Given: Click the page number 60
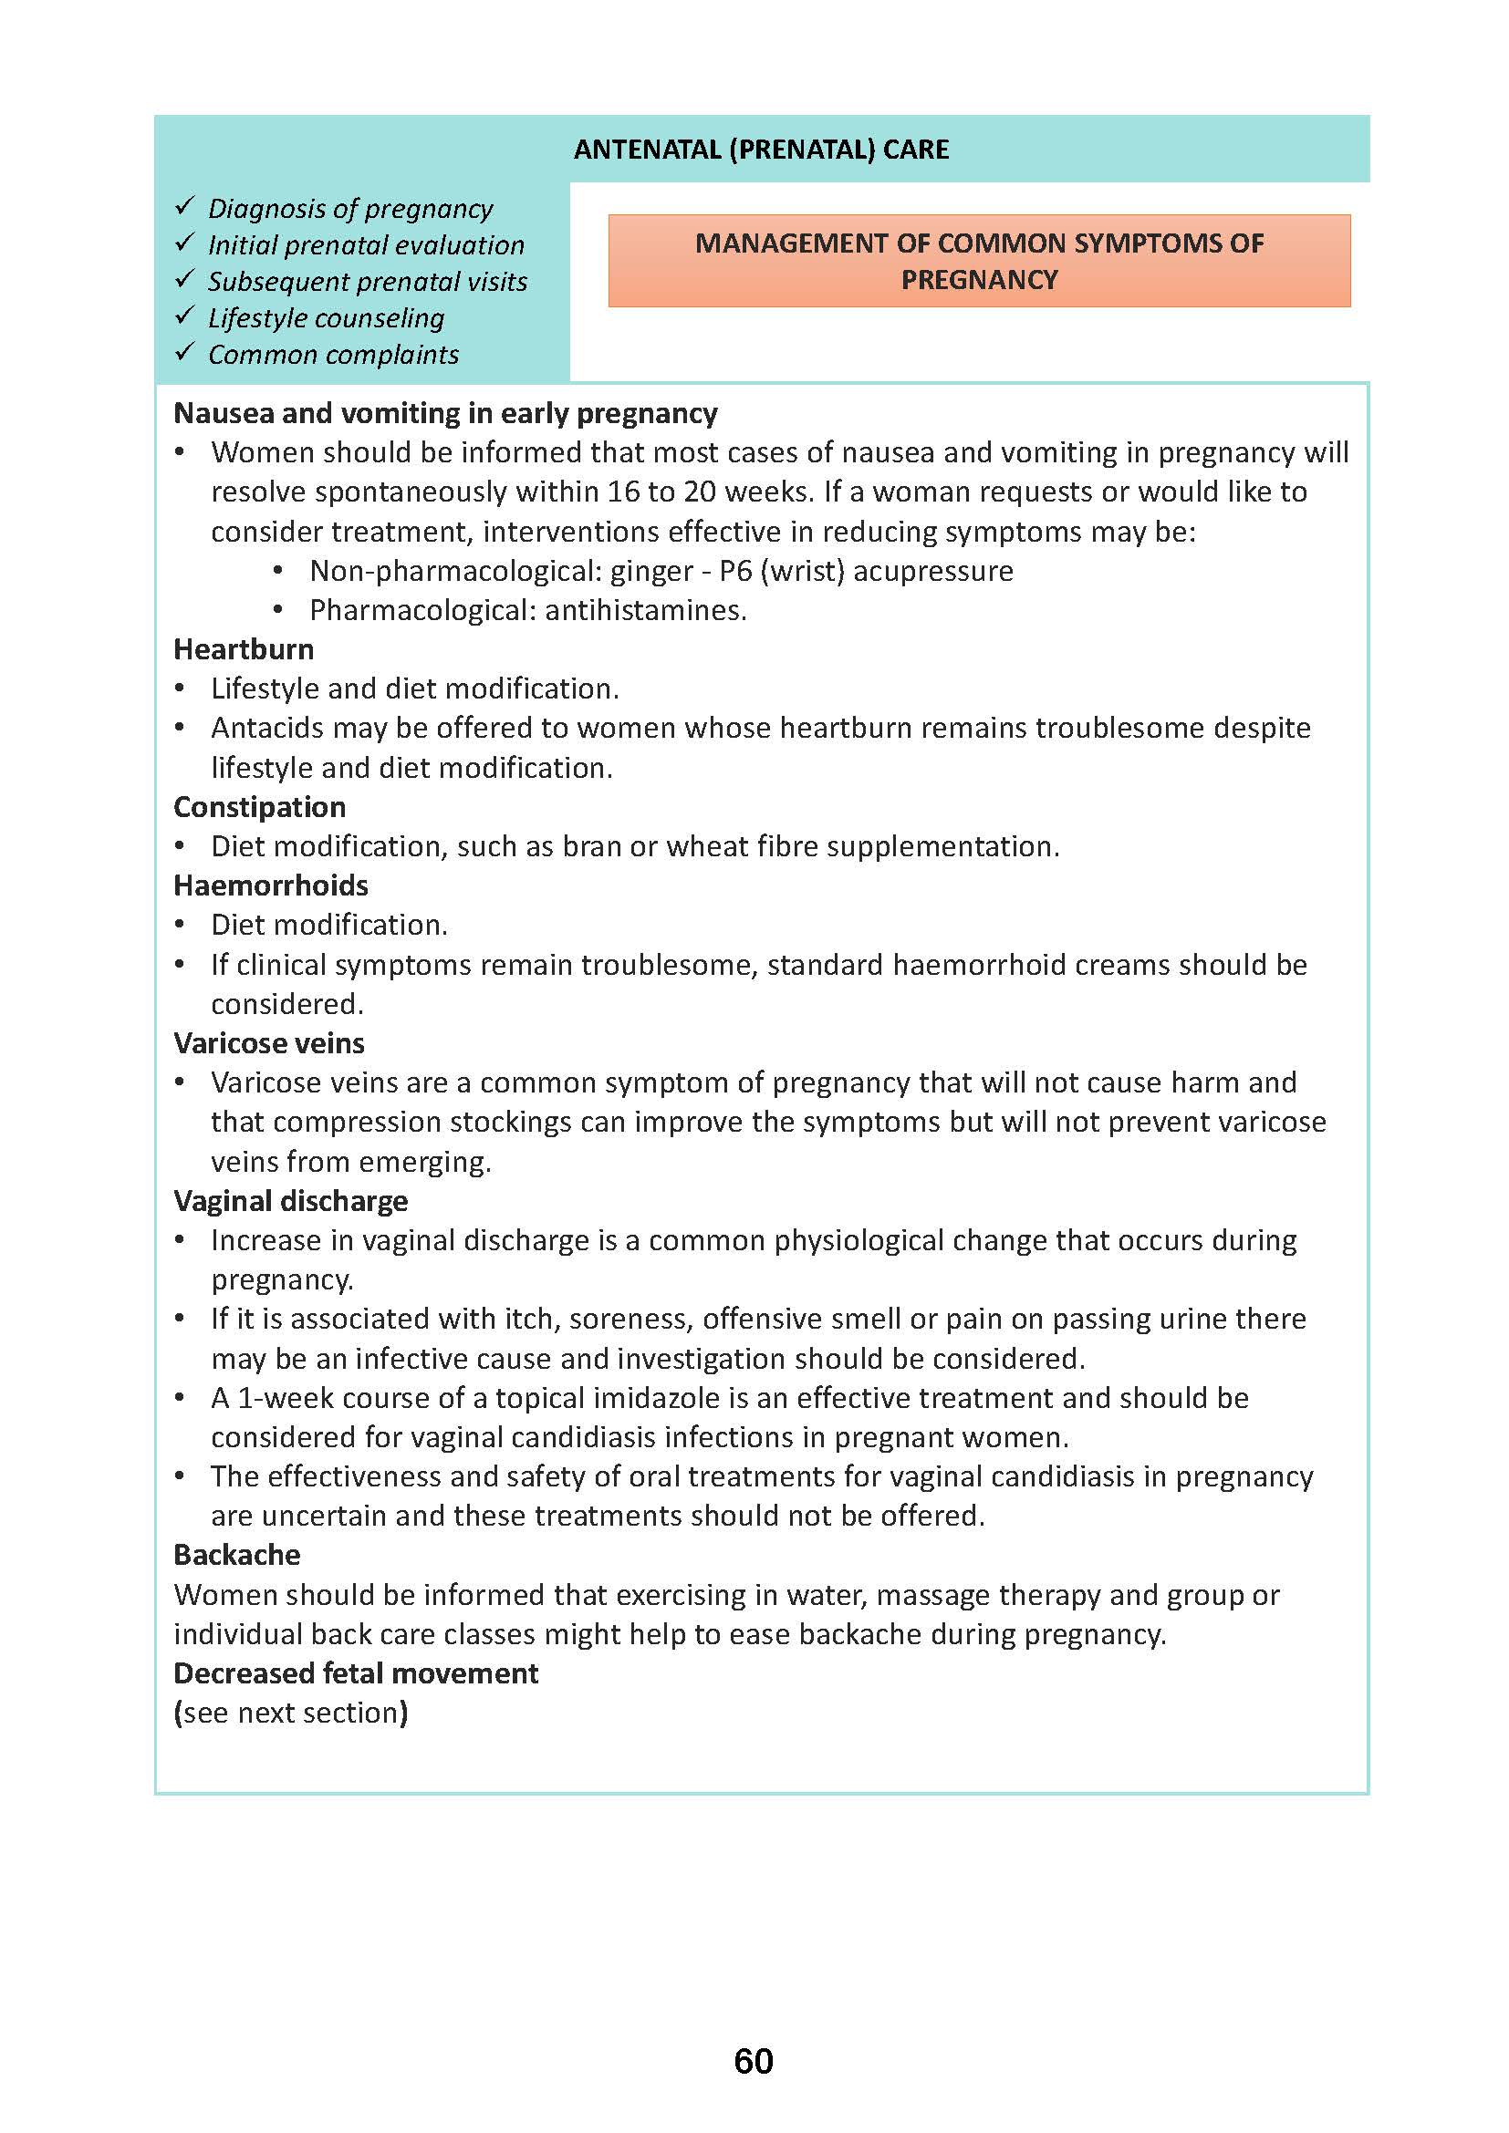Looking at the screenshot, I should point(754,2062).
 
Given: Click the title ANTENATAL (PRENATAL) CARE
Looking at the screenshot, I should point(761,150).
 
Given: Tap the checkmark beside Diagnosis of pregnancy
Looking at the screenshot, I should point(185,205).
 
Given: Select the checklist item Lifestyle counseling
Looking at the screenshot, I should point(325,318).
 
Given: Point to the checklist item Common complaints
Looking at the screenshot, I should point(333,355).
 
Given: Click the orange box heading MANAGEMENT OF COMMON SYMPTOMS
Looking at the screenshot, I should point(978,261).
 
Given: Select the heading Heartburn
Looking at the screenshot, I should point(244,649).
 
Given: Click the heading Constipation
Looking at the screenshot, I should point(259,807).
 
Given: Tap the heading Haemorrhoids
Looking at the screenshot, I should point(270,885).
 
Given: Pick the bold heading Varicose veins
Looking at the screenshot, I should point(268,1043).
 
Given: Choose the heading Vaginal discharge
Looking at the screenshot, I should point(290,1201).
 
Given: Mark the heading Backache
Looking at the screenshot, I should point(237,1555).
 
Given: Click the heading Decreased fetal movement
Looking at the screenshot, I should point(355,1673).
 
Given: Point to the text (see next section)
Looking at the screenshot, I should point(291,1714).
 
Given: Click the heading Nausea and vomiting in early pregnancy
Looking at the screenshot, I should point(445,413).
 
